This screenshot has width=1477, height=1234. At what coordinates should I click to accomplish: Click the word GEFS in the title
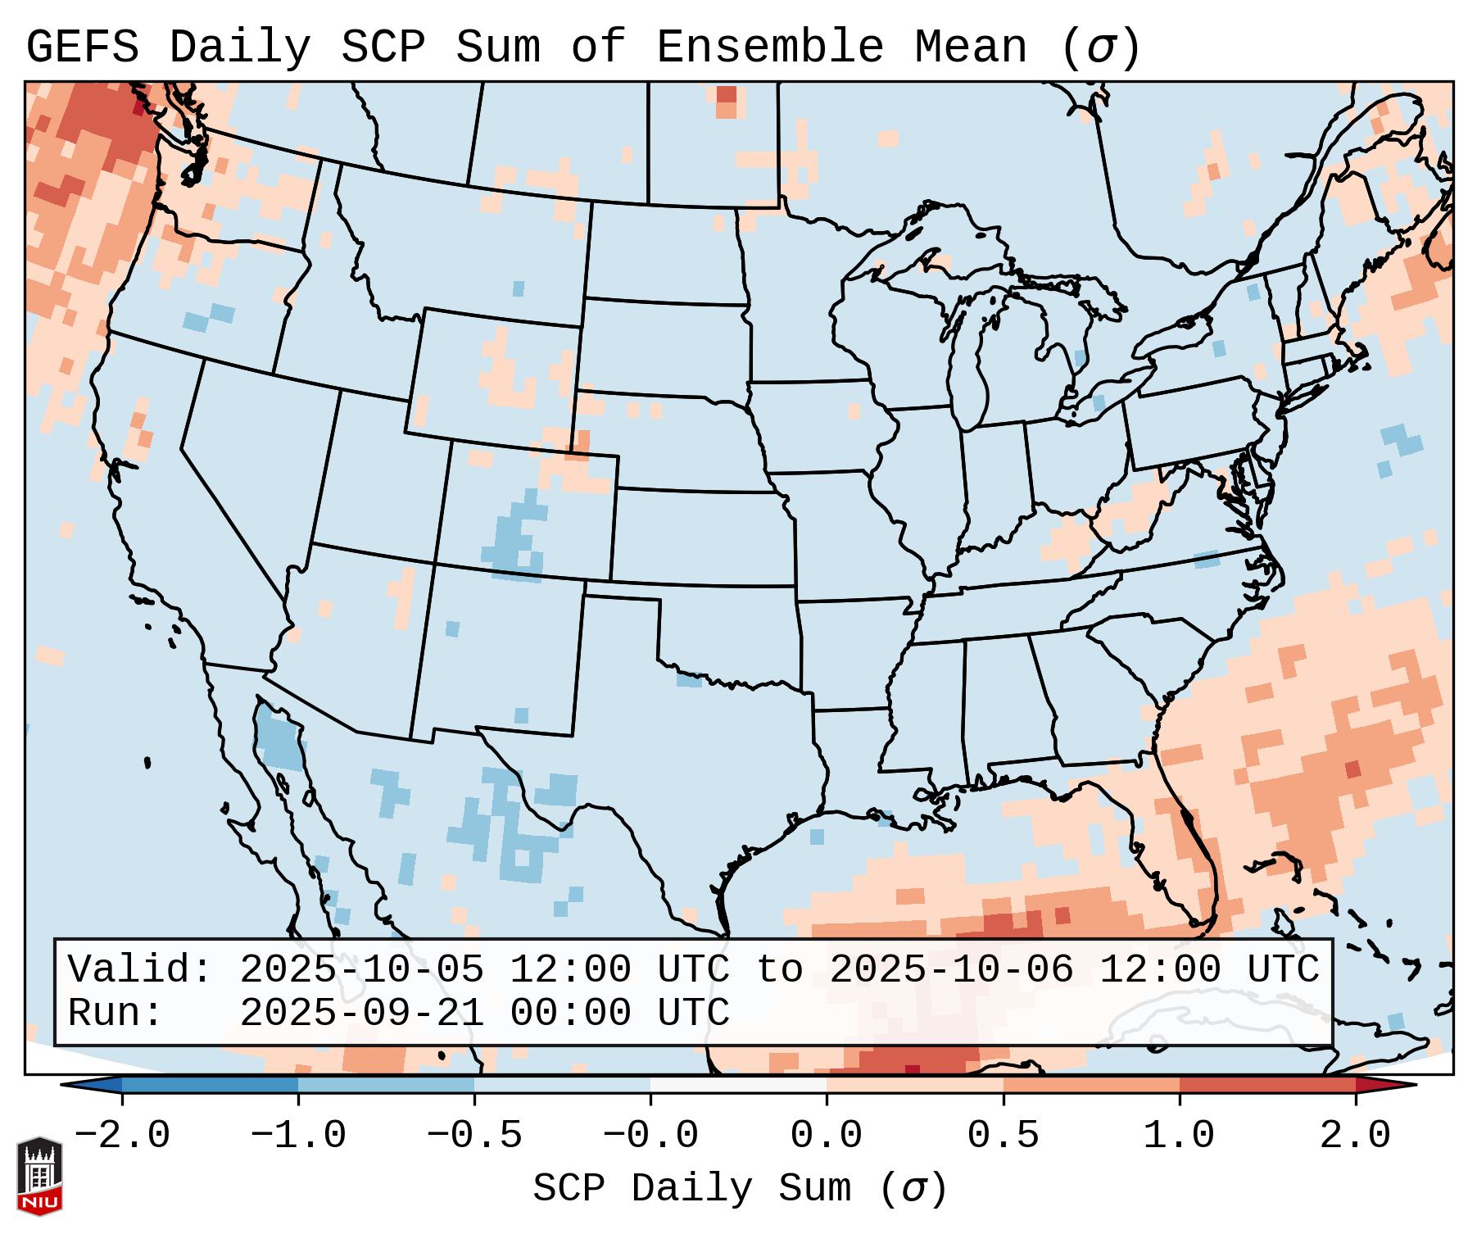click(x=82, y=48)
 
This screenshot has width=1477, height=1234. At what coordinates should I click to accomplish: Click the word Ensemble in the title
click(x=770, y=48)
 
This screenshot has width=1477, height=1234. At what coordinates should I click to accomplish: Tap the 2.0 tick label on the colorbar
click(x=1355, y=1136)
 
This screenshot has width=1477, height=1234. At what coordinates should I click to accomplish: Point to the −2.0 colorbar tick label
click(x=122, y=1136)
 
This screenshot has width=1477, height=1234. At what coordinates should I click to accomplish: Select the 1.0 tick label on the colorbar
click(x=1179, y=1136)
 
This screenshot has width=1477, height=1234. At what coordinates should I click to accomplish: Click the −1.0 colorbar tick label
click(x=298, y=1136)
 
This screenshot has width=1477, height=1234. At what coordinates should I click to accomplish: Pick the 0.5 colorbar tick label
click(x=1003, y=1136)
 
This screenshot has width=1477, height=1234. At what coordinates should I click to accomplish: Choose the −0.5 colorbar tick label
click(x=474, y=1136)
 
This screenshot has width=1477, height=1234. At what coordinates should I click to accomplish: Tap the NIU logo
click(x=39, y=1176)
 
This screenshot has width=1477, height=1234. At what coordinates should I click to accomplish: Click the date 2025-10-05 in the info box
click(x=361, y=969)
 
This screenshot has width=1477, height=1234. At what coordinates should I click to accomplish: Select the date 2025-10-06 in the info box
click(x=951, y=969)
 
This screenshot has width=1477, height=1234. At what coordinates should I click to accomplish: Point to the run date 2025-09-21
click(x=361, y=1013)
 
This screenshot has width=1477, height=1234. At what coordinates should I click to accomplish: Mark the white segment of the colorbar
click(x=738, y=1085)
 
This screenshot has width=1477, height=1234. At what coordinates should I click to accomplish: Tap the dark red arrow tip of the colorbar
click(x=1384, y=1085)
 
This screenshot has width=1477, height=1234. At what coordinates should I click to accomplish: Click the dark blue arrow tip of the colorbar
click(x=90, y=1085)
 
